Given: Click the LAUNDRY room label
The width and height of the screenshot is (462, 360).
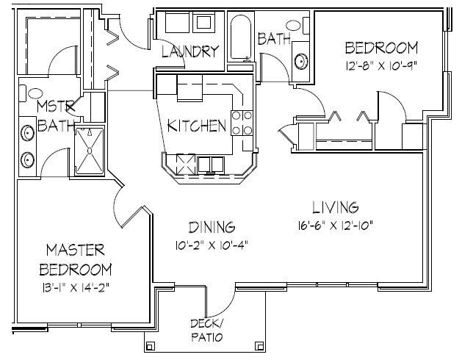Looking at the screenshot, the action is [190, 51].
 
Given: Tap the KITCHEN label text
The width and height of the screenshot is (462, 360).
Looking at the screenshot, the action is [197, 126].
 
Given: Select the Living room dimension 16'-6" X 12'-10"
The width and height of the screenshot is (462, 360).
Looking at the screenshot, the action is [336, 226].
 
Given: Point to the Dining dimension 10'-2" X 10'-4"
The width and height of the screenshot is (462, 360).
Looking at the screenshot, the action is [212, 245].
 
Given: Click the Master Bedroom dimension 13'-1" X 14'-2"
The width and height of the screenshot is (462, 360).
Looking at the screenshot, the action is [76, 287].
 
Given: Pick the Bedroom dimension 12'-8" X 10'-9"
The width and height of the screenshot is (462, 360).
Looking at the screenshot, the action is [381, 65].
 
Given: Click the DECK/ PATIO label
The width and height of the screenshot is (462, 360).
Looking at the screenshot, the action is [207, 330].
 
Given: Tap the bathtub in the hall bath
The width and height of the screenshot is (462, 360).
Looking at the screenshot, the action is [241, 37].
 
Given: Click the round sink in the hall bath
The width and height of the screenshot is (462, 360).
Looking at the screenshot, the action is [301, 61].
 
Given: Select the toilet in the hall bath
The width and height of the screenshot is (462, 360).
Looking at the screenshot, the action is [298, 26].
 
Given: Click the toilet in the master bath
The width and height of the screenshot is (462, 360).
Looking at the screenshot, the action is [31, 93].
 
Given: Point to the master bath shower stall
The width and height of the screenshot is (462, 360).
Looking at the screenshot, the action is [90, 151].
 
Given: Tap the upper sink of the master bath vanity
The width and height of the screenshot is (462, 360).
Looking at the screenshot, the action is [27, 133].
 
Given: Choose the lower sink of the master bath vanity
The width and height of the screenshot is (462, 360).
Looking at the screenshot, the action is [27, 160].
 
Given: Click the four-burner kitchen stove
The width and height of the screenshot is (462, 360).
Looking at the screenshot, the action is [242, 123].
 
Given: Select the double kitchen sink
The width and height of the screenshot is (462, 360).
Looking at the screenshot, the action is [211, 165].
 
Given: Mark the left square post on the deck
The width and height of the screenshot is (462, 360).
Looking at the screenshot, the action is [150, 345].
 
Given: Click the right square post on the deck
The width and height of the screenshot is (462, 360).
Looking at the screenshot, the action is [259, 345].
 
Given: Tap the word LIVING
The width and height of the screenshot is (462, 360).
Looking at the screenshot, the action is [336, 207].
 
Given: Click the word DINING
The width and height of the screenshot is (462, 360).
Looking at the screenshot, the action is [212, 227].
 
